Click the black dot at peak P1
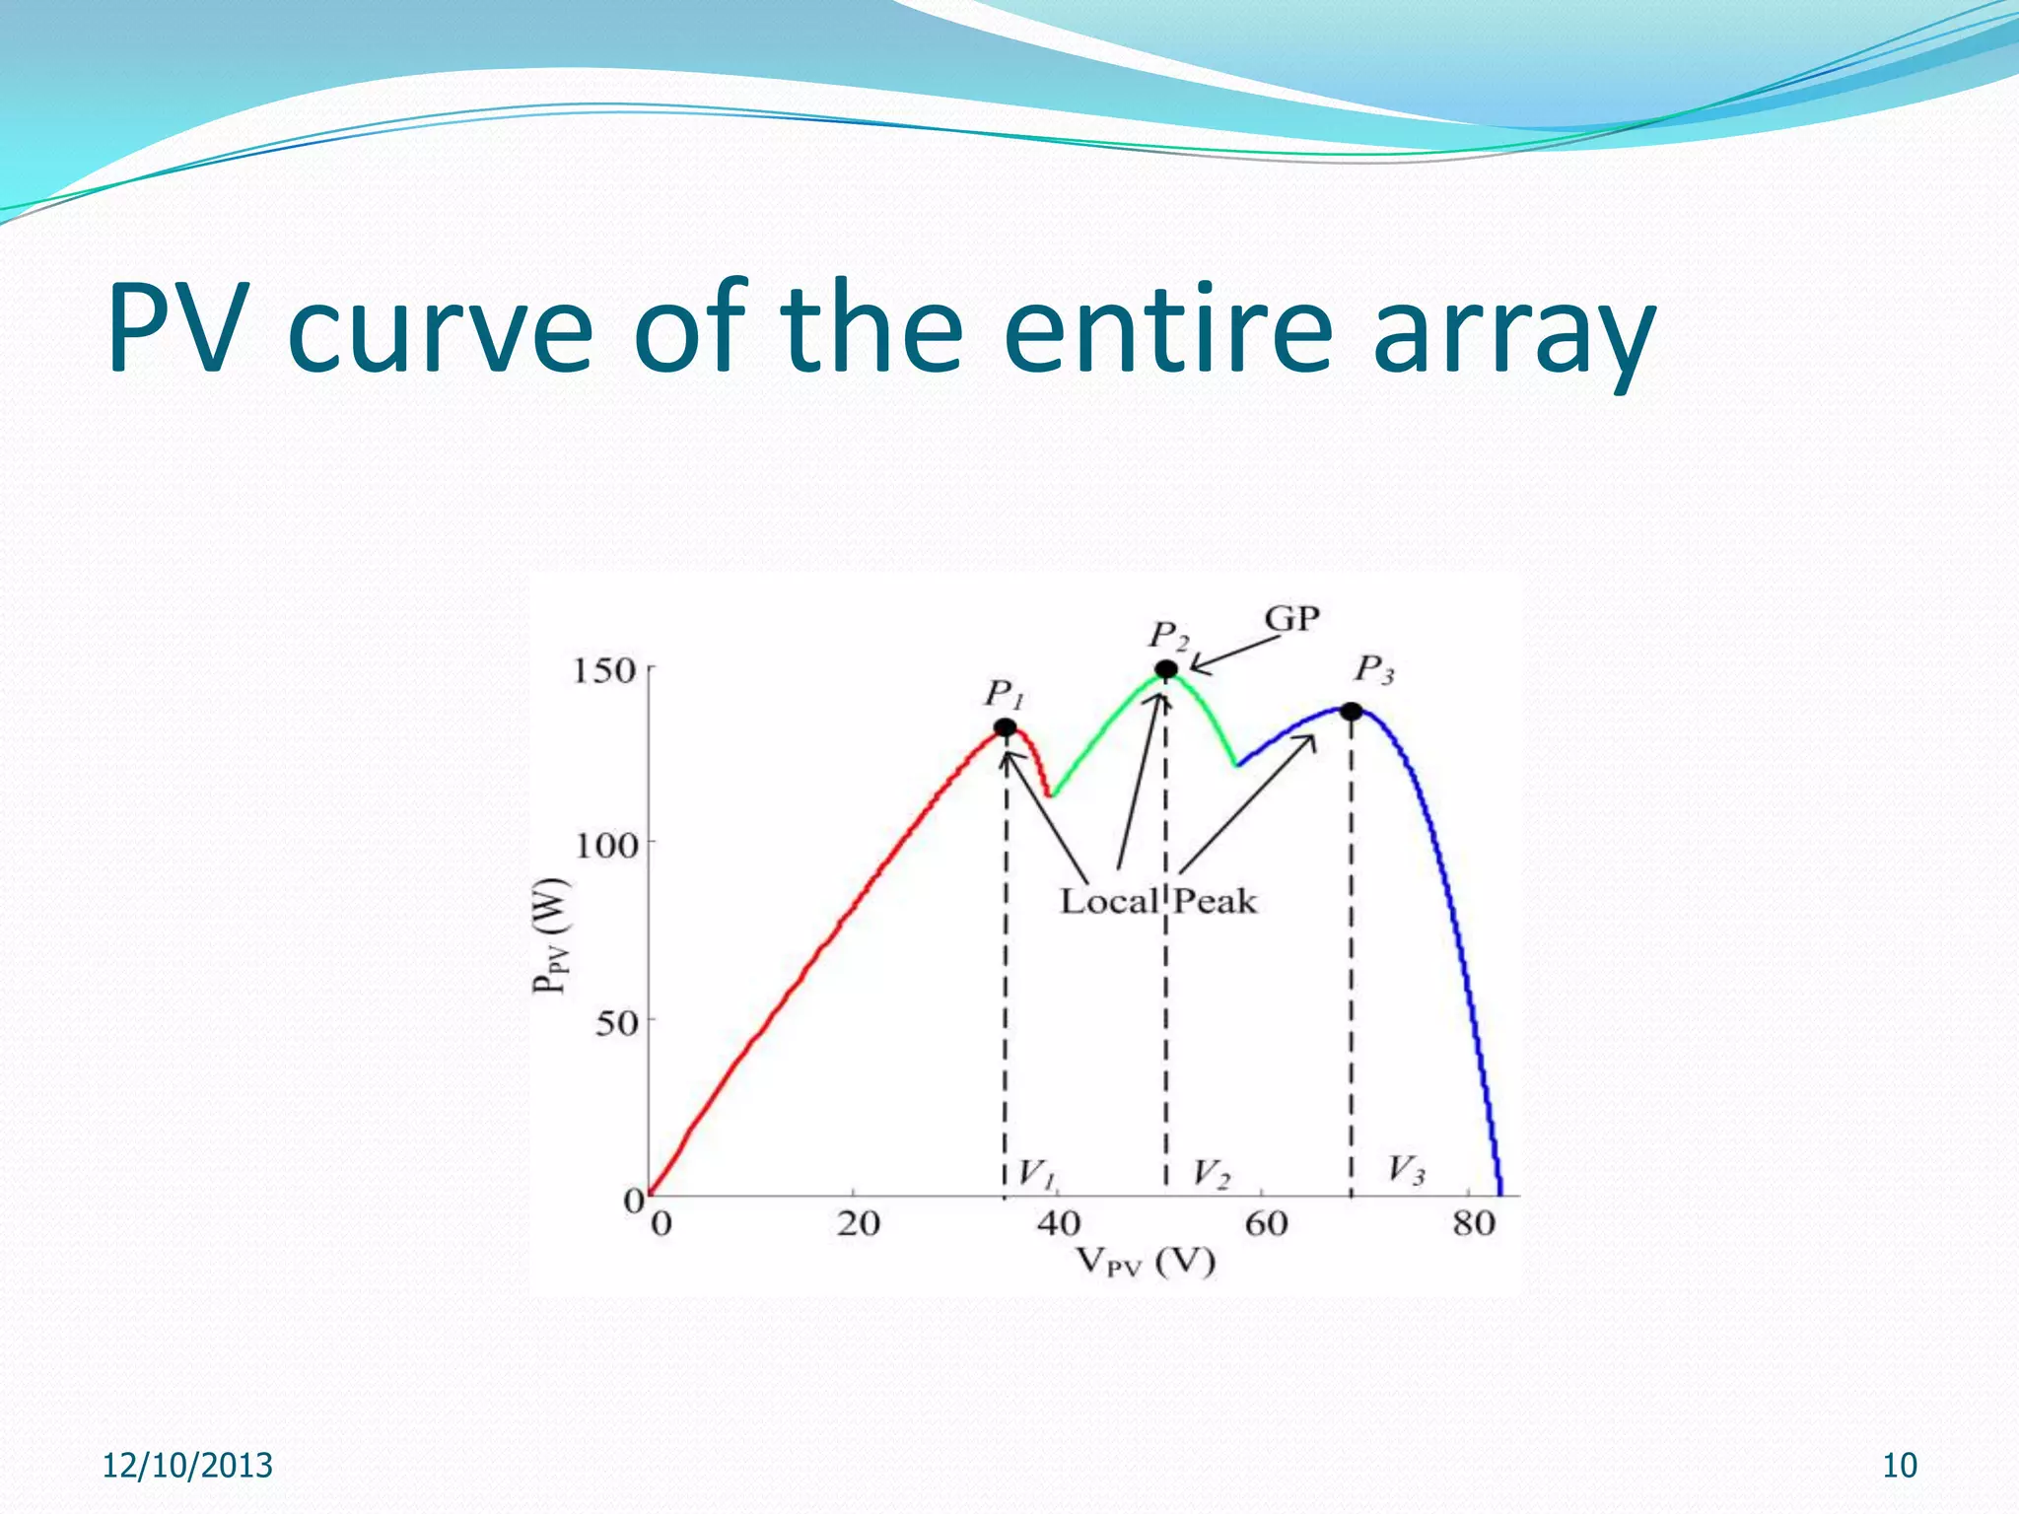click(1005, 727)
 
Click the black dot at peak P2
click(1166, 670)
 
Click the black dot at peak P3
click(1352, 711)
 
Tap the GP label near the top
click(1291, 619)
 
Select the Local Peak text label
click(1158, 901)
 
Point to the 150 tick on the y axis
click(604, 671)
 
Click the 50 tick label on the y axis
click(616, 1023)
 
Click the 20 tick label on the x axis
click(858, 1224)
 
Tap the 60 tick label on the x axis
click(1266, 1224)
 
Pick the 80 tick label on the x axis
click(1474, 1224)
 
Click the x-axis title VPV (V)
click(1145, 1262)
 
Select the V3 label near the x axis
click(1406, 1171)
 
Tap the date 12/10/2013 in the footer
click(187, 1466)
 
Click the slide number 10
click(1900, 1466)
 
